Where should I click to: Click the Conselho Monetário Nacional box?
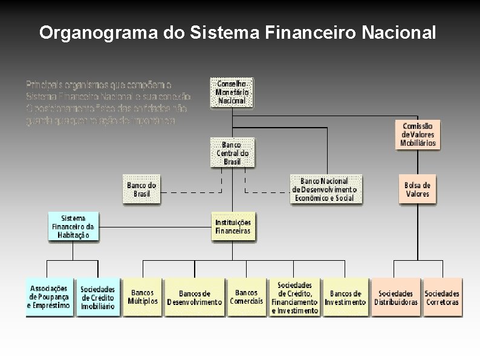[x=231, y=93]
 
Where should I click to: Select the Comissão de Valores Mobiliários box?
[x=418, y=134]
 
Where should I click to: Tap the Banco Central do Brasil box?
[x=232, y=153]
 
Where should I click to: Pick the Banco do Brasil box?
[x=142, y=189]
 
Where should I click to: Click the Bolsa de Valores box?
[x=418, y=189]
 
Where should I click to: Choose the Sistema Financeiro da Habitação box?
[x=73, y=226]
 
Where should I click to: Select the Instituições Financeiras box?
[x=233, y=226]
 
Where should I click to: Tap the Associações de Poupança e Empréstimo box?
[x=49, y=297]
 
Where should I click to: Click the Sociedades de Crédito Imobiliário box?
[x=97, y=297]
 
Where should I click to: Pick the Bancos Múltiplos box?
[x=143, y=297]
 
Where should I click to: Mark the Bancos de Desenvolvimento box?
[x=194, y=297]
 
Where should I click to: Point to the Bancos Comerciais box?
[x=247, y=297]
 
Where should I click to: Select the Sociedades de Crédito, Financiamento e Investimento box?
[x=294, y=297]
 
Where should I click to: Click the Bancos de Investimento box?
[x=345, y=297]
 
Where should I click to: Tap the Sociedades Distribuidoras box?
[x=396, y=297]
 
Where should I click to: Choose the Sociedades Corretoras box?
[x=443, y=297]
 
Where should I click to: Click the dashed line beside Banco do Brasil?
[x=190, y=192]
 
